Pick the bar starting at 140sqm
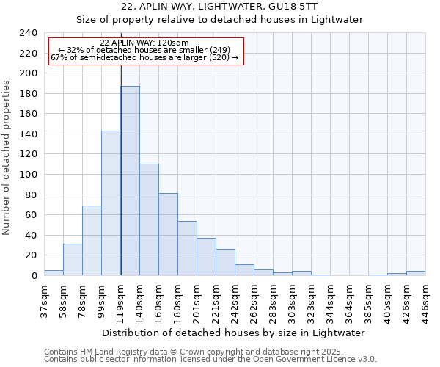149,219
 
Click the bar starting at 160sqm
168,234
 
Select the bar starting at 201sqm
206,257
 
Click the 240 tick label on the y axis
28,33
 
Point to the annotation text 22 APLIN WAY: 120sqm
144,43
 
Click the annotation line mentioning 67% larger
144,57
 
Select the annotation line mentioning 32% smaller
144,50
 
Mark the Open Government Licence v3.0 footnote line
210,359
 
